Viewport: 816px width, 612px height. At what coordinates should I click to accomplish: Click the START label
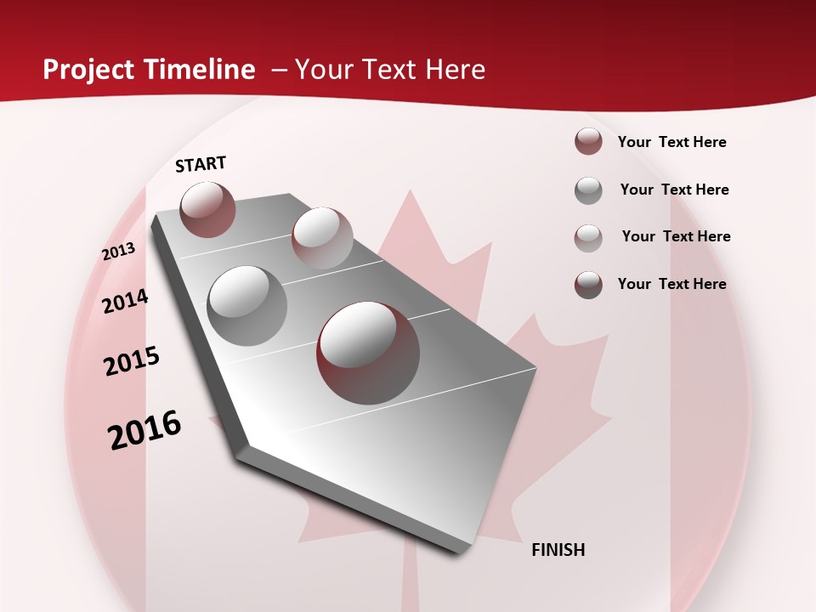(x=201, y=164)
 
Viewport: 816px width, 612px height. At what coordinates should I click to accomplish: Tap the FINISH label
(x=558, y=550)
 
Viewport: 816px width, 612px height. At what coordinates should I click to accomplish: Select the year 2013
(x=119, y=252)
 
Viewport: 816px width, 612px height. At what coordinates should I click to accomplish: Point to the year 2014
(x=126, y=301)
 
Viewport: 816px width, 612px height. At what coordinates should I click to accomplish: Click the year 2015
(x=132, y=361)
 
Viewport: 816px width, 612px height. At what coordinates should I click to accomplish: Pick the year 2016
(x=144, y=430)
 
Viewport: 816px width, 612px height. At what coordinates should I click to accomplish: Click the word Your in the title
(x=323, y=70)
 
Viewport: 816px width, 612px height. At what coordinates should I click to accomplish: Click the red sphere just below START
(x=207, y=209)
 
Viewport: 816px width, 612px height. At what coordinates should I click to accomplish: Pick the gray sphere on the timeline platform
(x=247, y=306)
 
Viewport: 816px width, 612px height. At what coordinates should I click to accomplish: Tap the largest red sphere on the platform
(x=368, y=353)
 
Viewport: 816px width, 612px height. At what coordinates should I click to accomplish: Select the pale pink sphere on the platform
(x=322, y=237)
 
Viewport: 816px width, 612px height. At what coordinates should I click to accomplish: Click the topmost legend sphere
(x=588, y=141)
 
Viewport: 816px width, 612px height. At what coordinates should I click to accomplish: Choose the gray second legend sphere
(x=588, y=190)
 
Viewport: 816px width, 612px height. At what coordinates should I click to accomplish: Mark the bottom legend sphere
(x=588, y=285)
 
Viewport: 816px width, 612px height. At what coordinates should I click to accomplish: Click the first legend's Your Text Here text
(x=671, y=142)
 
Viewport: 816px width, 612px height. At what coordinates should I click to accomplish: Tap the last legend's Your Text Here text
(x=671, y=284)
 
